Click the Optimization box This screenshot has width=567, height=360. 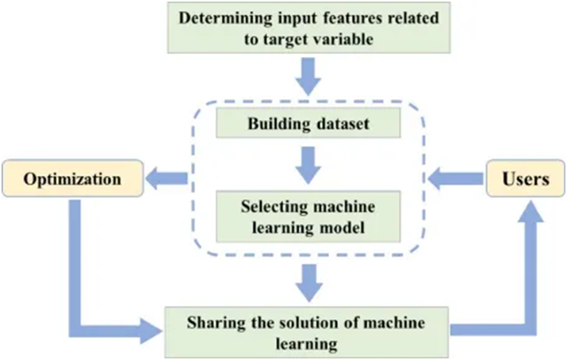pyautogui.click(x=72, y=179)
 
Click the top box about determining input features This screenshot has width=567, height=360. pyautogui.click(x=308, y=27)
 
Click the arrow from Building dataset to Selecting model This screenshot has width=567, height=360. pyautogui.click(x=308, y=164)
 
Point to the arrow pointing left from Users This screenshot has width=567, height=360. pyautogui.click(x=451, y=179)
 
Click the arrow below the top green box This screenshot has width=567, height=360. pyautogui.click(x=308, y=76)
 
